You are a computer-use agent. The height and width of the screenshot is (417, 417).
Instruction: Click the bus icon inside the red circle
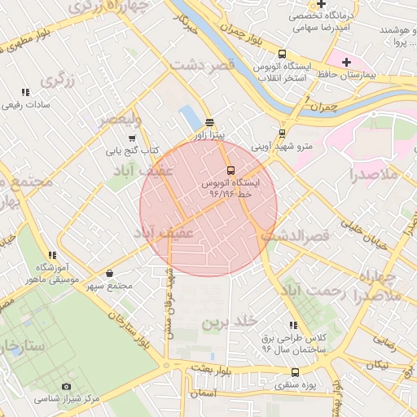tap(230, 171)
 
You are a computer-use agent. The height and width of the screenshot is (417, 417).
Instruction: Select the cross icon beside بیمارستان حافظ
tap(346, 62)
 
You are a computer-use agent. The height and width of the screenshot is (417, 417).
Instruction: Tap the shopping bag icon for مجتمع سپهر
tap(110, 274)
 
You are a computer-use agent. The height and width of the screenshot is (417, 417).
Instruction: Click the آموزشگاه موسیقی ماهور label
tap(53, 274)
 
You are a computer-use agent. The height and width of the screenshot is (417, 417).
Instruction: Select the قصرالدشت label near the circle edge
tap(293, 235)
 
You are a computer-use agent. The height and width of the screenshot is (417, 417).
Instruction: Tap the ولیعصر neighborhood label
tap(121, 119)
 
